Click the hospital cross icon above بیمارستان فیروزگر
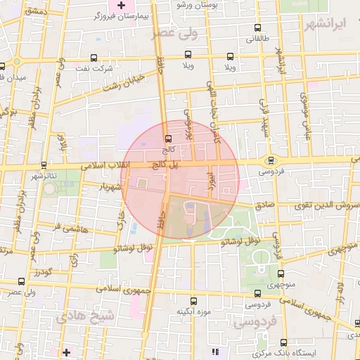[x=122, y=5]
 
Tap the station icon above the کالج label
[x=167, y=139]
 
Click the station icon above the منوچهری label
[x=281, y=274]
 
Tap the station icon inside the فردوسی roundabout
[x=271, y=160]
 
